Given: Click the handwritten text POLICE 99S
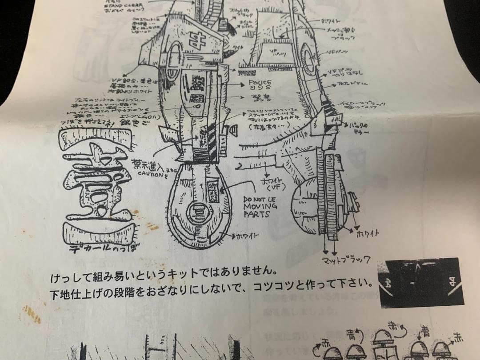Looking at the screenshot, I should [x=260, y=86].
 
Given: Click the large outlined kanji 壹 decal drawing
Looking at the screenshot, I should [x=95, y=182].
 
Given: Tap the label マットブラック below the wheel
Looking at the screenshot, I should [x=344, y=259].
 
